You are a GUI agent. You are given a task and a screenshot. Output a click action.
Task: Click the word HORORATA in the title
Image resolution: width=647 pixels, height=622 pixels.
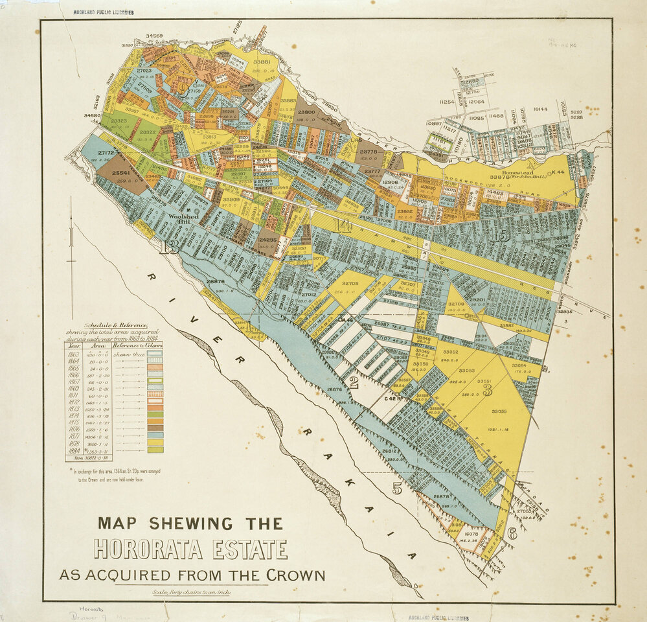(x=149, y=549)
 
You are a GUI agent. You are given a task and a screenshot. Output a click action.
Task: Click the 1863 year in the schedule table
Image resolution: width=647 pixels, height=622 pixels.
(x=74, y=354)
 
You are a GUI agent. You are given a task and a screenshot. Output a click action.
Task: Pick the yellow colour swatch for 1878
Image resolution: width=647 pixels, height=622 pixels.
(x=155, y=442)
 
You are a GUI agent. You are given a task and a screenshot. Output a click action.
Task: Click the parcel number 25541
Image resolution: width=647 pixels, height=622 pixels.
(x=121, y=173)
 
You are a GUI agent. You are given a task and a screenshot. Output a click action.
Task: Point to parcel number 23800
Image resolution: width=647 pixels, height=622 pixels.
(x=306, y=112)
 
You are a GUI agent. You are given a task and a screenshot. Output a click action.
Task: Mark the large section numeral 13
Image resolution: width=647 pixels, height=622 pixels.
(x=172, y=247)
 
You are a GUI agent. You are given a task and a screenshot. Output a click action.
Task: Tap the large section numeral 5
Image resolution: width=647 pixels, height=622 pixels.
(x=396, y=489)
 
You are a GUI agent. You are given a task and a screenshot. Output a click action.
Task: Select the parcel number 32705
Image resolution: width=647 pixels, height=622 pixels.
(x=350, y=284)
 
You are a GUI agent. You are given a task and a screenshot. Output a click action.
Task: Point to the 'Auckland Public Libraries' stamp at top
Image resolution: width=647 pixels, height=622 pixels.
(x=104, y=12)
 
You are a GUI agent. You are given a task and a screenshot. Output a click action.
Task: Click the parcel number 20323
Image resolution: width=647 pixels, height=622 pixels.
(x=119, y=121)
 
